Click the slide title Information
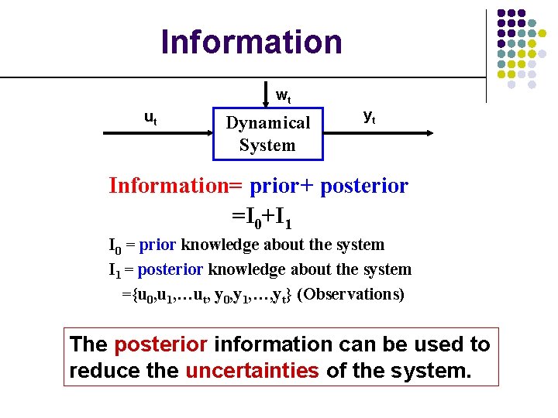tap(251, 42)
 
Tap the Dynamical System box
tap(267, 133)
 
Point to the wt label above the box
tap(284, 97)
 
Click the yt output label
tap(370, 116)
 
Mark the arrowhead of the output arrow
tap(428, 133)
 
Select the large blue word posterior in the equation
tap(363, 186)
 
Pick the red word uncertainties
tap(252, 370)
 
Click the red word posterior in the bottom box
tap(160, 344)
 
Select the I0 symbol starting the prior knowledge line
tap(115, 246)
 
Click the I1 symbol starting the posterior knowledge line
tap(114, 270)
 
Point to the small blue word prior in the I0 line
tap(158, 245)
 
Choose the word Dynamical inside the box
tap(267, 122)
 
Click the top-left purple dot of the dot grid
tap(501, 14)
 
